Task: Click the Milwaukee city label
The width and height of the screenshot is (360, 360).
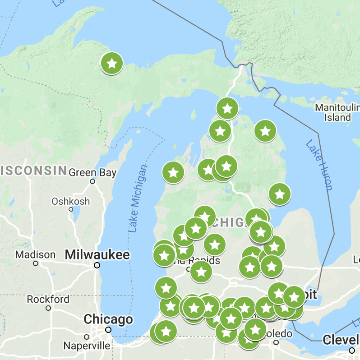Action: pyautogui.click(x=97, y=255)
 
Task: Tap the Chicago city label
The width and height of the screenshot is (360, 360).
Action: pyautogui.click(x=108, y=320)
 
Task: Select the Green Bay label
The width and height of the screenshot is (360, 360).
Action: pyautogui.click(x=92, y=172)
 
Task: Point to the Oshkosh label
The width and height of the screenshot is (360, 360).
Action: pyautogui.click(x=70, y=201)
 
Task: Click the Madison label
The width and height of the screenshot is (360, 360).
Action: pyautogui.click(x=35, y=255)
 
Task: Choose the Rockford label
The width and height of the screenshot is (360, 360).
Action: pyautogui.click(x=48, y=299)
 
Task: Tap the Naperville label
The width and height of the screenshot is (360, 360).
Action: pyautogui.click(x=87, y=346)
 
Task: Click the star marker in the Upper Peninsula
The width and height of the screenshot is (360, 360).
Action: pyautogui.click(x=112, y=64)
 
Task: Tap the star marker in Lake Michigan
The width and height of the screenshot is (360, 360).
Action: pyautogui.click(x=173, y=172)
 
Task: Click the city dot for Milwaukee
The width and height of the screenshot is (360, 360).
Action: pyautogui.click(x=97, y=266)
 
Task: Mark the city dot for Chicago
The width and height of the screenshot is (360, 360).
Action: pyautogui.click(x=108, y=330)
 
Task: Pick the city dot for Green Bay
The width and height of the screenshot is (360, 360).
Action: pyautogui.click(x=92, y=181)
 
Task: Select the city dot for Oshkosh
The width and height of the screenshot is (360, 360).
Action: pyautogui.click(x=71, y=209)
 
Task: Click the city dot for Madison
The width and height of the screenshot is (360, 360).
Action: pyautogui.click(x=36, y=263)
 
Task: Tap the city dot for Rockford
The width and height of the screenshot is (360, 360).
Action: pyautogui.click(x=48, y=308)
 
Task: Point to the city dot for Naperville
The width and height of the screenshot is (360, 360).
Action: pyautogui.click(x=87, y=337)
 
